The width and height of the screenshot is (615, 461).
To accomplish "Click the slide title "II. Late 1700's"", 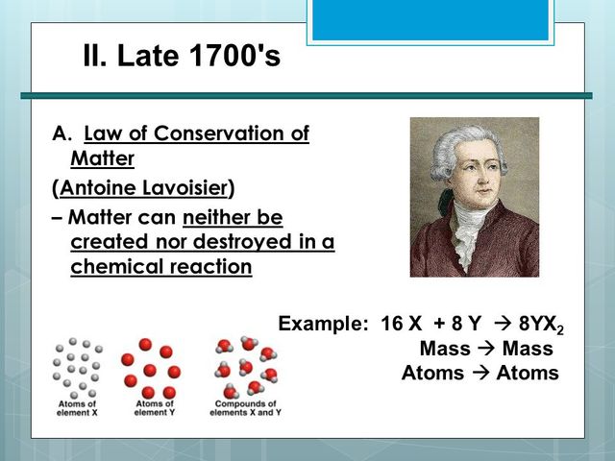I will (182, 56).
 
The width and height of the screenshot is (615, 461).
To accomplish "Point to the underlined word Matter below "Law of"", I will (102, 158).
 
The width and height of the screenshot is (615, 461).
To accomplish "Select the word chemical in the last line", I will (113, 267).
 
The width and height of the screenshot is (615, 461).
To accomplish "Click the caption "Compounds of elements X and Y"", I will (244, 408).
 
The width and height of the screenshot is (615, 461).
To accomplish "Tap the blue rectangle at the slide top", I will (430, 19).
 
